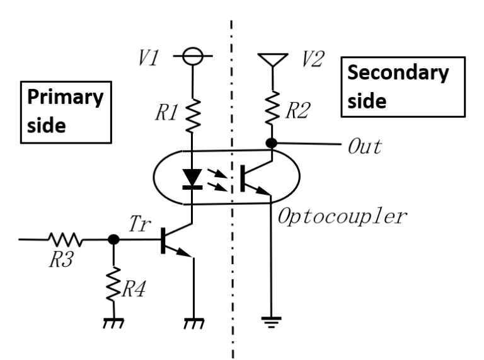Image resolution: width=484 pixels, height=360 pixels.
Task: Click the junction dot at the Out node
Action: (273, 143)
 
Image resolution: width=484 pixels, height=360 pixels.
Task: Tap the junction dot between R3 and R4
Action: (114, 240)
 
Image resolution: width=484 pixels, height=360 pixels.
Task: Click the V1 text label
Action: (150, 59)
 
